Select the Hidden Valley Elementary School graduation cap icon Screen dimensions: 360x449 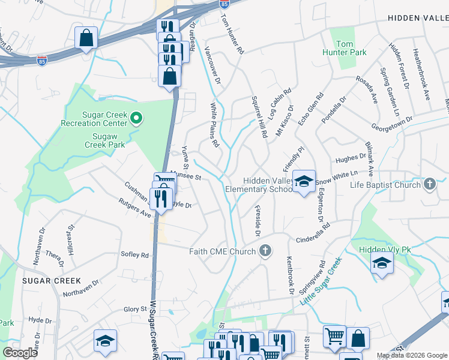point(304,181)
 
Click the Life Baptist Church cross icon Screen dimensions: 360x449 point(430,184)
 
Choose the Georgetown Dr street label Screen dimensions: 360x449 point(392,120)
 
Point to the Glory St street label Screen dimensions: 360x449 point(135,309)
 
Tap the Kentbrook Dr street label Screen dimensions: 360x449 point(289,275)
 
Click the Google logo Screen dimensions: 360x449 point(20,353)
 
